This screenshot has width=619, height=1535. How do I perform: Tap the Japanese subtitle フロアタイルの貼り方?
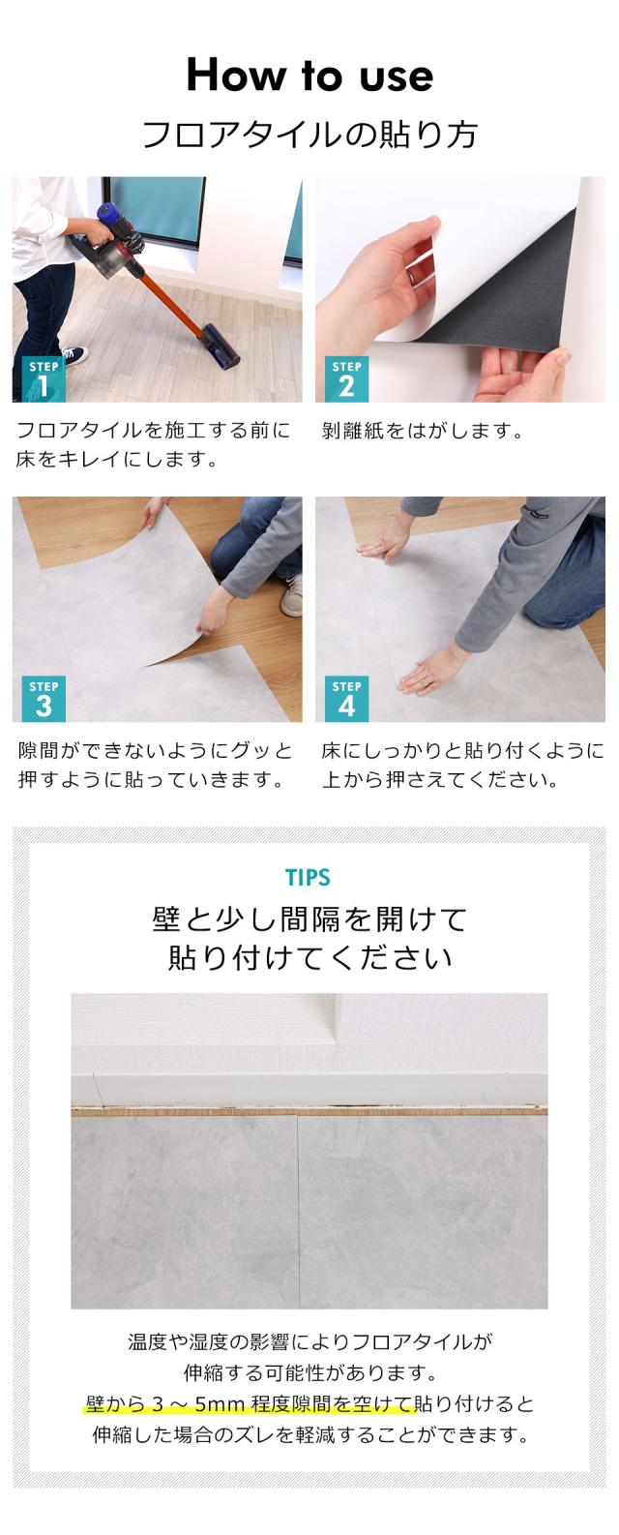309,135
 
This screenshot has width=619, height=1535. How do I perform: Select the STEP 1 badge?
44,378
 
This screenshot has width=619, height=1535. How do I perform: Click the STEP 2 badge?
346,378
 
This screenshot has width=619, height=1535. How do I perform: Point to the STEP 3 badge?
44,699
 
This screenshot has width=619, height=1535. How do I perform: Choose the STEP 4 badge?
346,699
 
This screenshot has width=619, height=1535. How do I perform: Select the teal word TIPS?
309,878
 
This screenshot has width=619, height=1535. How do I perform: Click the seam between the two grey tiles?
296,1210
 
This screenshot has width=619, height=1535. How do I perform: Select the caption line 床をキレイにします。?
115,460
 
